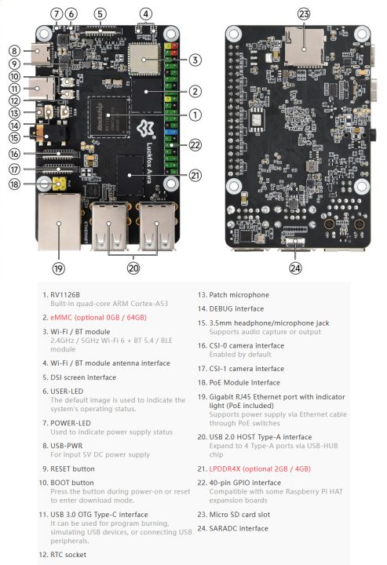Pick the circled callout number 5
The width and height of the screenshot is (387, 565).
(100, 13)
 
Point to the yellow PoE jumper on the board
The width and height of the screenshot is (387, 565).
(58, 184)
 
